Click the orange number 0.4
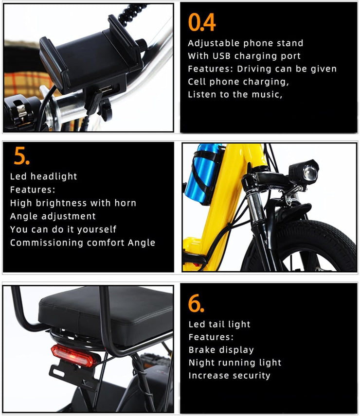[201, 22]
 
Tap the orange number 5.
[22, 156]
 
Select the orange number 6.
[196, 304]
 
